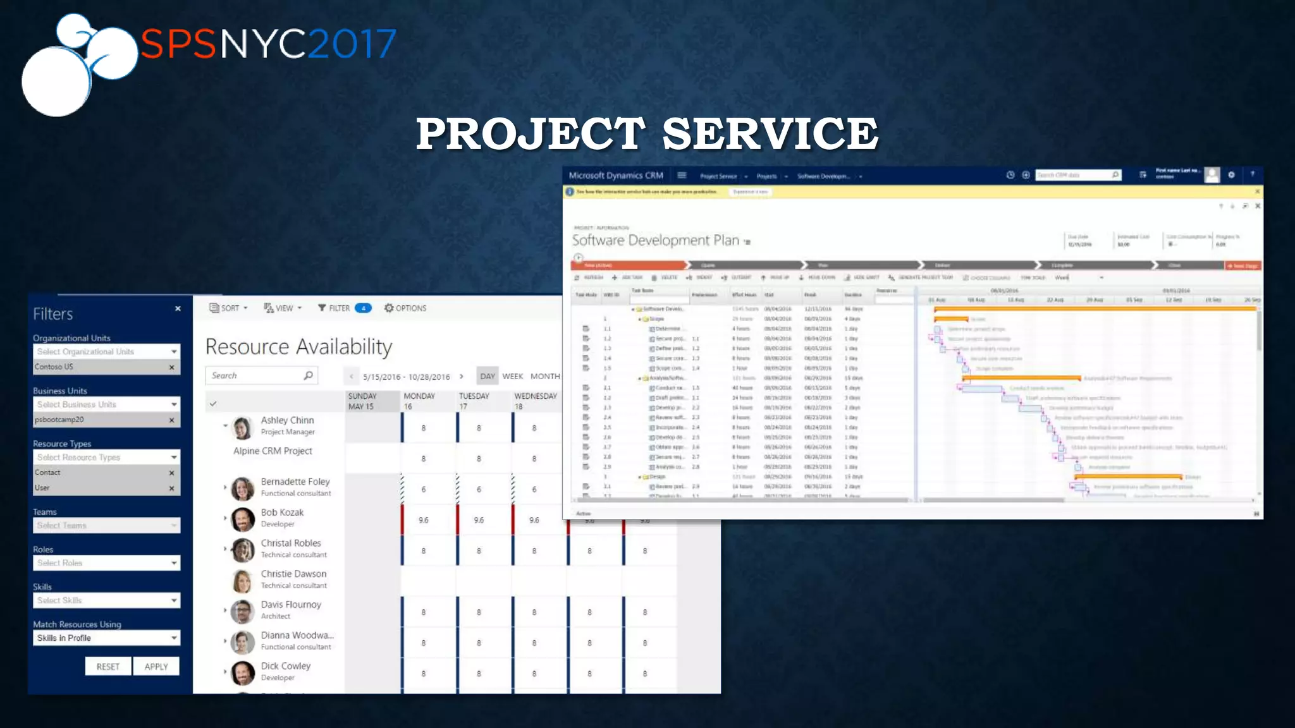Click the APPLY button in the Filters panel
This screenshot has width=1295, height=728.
pos(156,666)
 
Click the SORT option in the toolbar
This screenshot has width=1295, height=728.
pos(229,308)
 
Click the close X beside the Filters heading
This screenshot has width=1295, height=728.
pos(178,308)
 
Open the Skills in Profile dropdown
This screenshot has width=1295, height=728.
pos(106,638)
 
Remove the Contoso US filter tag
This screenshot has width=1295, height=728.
pos(171,367)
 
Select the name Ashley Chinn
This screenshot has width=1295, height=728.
pos(287,420)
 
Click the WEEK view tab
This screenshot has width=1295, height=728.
pos(512,376)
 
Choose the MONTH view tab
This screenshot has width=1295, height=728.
pos(544,376)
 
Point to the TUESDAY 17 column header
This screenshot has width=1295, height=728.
pos(474,401)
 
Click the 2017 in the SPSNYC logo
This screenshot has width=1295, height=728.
pos(352,44)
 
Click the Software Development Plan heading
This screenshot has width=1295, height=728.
pos(655,240)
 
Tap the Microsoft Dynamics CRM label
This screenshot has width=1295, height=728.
pos(615,176)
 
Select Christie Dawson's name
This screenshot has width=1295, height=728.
pos(293,574)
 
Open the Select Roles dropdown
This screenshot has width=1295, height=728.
pos(106,562)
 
